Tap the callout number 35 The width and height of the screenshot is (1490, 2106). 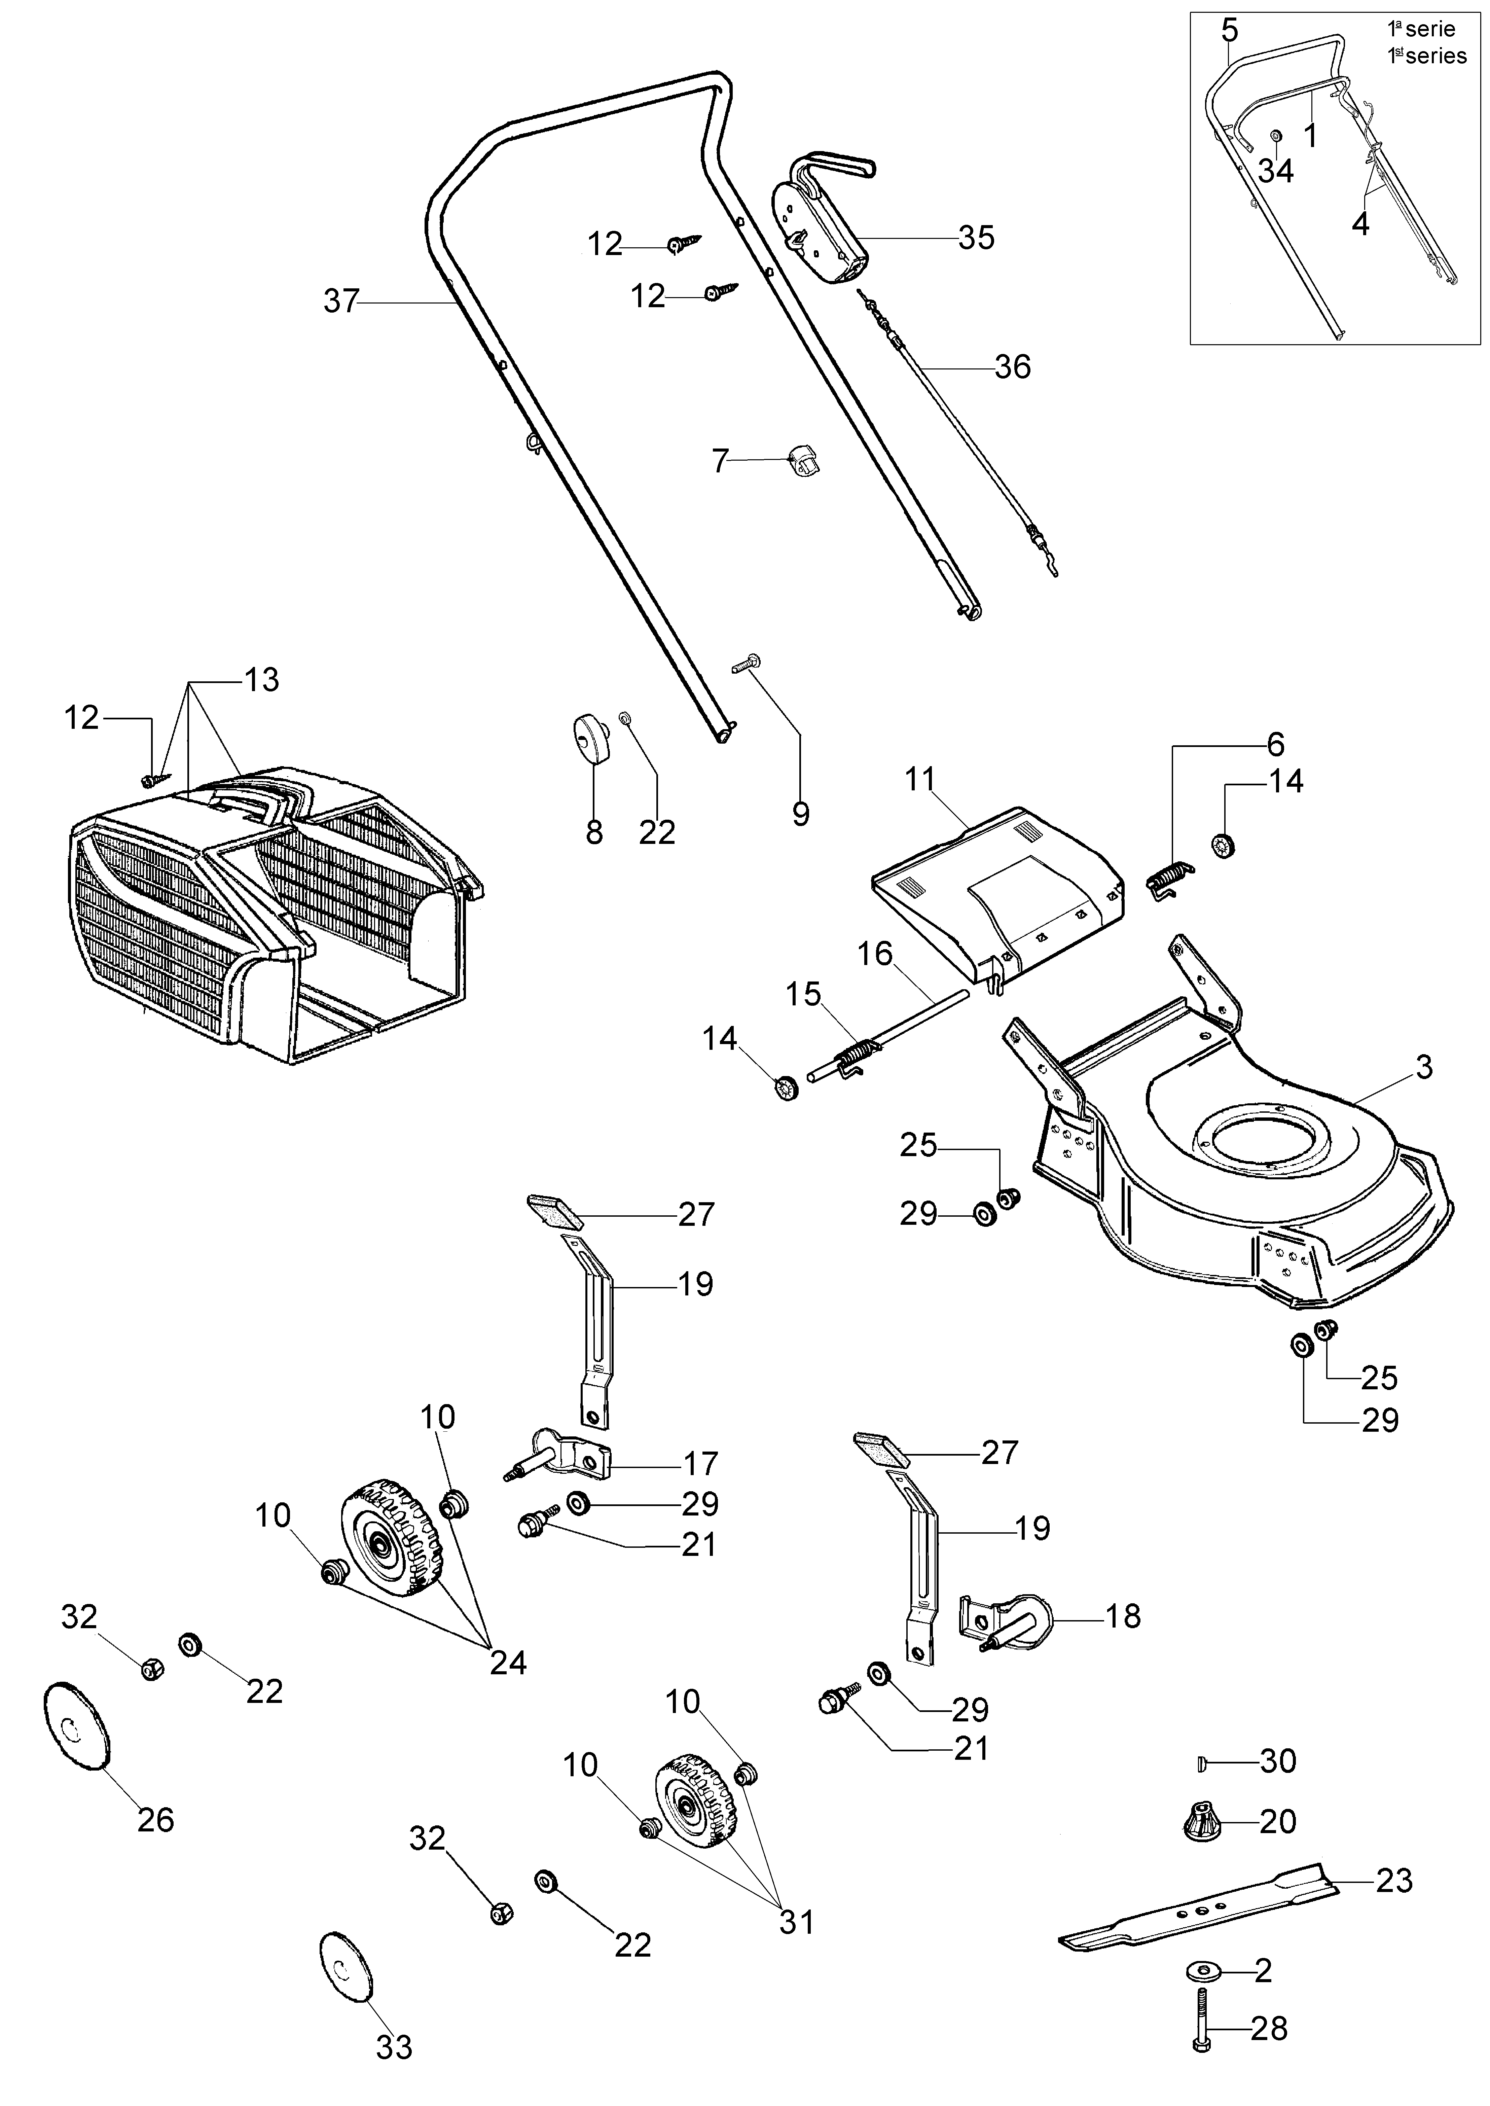point(976,238)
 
